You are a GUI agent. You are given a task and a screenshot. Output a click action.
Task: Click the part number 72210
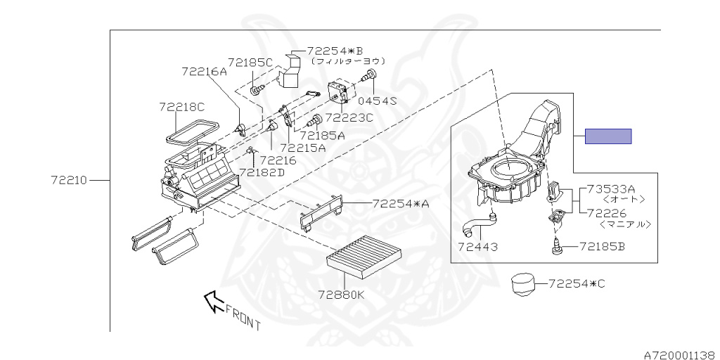click(x=68, y=180)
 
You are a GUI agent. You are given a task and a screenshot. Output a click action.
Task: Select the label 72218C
click(x=181, y=107)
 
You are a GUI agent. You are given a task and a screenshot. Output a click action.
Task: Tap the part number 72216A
click(x=204, y=71)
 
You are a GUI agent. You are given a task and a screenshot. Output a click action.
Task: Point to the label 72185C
click(x=250, y=63)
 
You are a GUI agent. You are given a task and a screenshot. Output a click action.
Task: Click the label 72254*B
click(x=335, y=51)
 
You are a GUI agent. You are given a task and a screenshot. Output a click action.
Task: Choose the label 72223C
click(x=349, y=117)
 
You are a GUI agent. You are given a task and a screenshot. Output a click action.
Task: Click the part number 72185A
click(x=323, y=135)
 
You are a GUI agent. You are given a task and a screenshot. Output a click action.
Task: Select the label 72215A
click(x=302, y=148)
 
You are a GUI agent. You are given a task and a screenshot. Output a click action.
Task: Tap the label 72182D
click(x=262, y=172)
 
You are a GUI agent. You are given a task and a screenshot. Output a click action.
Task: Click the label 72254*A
click(x=400, y=204)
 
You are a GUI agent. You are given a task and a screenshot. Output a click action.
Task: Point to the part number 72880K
click(x=341, y=295)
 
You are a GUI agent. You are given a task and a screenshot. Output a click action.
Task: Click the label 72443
click(x=477, y=247)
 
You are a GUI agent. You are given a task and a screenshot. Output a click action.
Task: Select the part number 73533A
click(x=611, y=188)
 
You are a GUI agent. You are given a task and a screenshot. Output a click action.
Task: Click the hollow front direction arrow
click(x=212, y=301)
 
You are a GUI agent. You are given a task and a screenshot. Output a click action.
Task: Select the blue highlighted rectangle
click(x=608, y=136)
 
